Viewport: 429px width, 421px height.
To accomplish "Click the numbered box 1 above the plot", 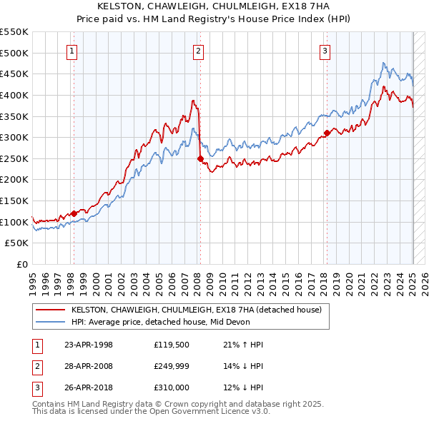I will pyautogui.click(x=73, y=51).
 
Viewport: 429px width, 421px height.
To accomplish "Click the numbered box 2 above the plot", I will pyautogui.click(x=198, y=51).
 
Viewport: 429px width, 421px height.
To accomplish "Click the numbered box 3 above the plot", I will pyautogui.click(x=325, y=51).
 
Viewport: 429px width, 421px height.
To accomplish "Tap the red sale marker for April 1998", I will pyautogui.click(x=74, y=213).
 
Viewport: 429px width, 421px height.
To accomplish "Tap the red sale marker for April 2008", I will pyautogui.click(x=200, y=158).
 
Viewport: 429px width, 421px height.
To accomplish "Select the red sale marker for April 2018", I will pyautogui.click(x=327, y=133).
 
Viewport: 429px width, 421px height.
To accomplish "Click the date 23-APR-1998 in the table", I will pyautogui.click(x=89, y=345).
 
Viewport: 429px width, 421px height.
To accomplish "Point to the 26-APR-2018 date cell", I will pyautogui.click(x=89, y=387).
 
